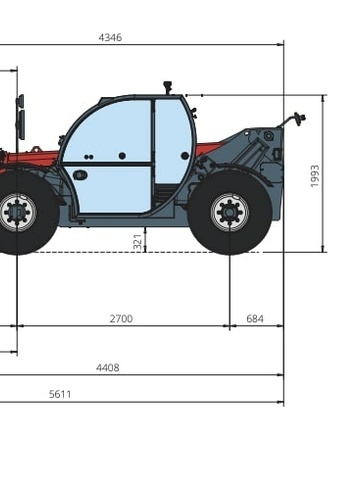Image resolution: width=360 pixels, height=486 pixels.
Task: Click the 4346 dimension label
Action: tap(110, 37)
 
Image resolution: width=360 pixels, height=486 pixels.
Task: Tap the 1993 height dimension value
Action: tap(315, 176)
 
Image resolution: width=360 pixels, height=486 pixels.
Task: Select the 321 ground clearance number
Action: tap(138, 241)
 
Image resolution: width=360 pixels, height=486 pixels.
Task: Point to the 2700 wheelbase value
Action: tap(121, 319)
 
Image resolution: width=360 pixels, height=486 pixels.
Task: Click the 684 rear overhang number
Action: tap(255, 319)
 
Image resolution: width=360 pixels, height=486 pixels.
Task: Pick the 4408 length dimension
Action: tap(108, 368)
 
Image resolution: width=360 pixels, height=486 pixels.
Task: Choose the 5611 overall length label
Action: tap(60, 394)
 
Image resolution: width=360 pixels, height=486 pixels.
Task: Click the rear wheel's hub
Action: tap(230, 212)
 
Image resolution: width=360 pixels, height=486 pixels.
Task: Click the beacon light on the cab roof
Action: tap(167, 88)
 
